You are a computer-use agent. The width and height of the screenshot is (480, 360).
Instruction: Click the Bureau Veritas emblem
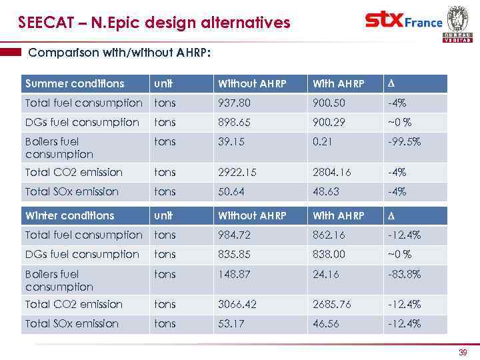(x=457, y=23)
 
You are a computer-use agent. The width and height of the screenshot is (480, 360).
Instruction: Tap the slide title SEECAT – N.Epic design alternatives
(x=154, y=23)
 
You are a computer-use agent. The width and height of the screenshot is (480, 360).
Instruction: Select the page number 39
(x=462, y=352)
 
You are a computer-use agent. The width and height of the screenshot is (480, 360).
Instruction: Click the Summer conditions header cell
(x=74, y=84)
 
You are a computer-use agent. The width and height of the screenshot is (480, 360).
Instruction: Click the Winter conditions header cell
(x=69, y=216)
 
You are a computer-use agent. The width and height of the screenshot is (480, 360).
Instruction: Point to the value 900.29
(x=329, y=123)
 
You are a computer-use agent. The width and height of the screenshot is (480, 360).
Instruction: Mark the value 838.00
(x=329, y=255)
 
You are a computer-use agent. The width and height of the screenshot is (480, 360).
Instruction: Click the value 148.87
(x=233, y=273)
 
